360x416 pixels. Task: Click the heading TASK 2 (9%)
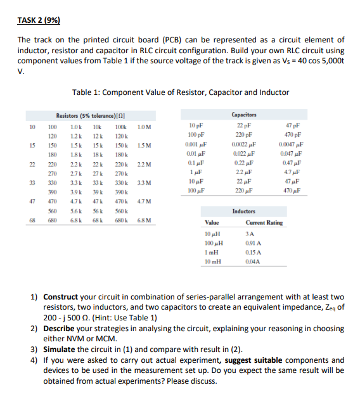39,20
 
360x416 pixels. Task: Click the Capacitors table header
245,115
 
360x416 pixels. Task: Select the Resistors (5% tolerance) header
84,116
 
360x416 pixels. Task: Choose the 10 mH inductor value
212,262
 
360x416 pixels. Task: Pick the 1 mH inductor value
212,252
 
